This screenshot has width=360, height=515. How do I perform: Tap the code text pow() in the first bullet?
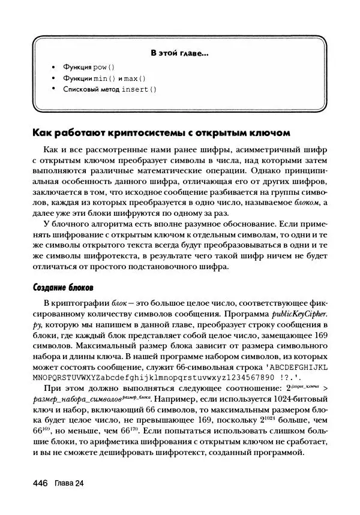pos(103,67)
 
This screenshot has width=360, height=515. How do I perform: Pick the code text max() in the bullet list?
pos(136,79)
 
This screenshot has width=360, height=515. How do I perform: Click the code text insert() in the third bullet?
pos(139,89)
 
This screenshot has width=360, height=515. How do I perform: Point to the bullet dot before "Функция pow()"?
pos(53,67)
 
